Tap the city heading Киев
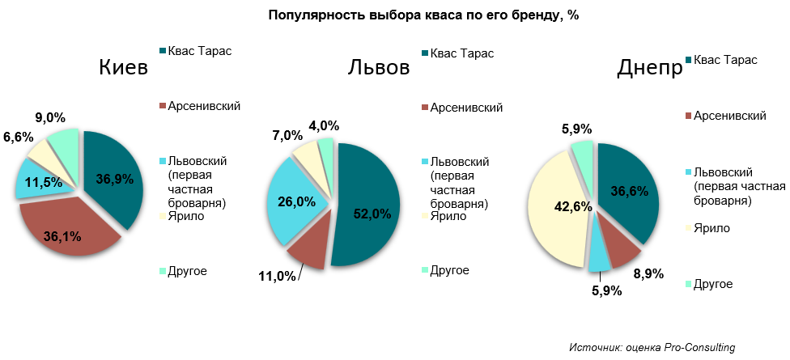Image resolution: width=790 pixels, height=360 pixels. coord(123,67)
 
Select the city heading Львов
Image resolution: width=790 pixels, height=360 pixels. coord(378,67)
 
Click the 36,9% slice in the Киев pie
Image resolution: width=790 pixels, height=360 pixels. coord(114,179)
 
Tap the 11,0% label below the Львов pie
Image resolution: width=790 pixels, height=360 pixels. coord(277,276)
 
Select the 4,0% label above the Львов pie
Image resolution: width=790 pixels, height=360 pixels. coord(324,125)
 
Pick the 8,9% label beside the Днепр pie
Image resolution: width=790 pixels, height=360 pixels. coord(648,274)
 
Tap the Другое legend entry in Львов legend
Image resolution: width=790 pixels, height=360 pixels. coord(449,269)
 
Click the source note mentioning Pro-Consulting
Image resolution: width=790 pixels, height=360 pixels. coord(652,347)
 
